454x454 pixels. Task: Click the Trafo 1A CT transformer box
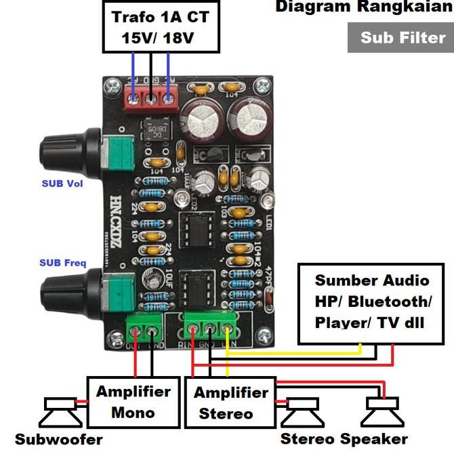point(161,26)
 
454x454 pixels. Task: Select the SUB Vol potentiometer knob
point(62,151)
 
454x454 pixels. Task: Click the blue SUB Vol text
point(62,184)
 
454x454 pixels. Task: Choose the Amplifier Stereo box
point(230,403)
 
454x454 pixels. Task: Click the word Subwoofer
point(58,439)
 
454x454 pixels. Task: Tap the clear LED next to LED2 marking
point(182,197)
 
